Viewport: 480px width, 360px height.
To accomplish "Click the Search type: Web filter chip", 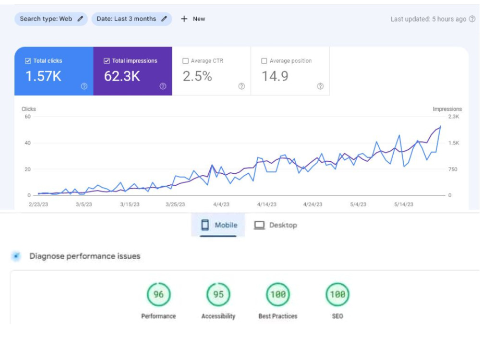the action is [x=51, y=19].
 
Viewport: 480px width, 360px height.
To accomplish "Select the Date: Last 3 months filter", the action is [x=132, y=19].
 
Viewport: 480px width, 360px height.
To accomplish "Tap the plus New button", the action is [x=193, y=19].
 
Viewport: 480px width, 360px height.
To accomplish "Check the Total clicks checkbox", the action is [x=28, y=61].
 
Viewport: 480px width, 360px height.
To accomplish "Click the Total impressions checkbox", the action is [x=107, y=61].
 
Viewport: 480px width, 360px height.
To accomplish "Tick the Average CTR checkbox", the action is [x=185, y=61].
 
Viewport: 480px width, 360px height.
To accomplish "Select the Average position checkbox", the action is [x=264, y=61].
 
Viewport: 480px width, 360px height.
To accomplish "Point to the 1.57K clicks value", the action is [x=44, y=76].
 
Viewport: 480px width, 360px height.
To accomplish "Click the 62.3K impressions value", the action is [x=122, y=76].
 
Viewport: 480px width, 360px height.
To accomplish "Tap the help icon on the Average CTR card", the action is [x=241, y=86].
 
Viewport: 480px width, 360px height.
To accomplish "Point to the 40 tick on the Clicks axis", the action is [x=27, y=143].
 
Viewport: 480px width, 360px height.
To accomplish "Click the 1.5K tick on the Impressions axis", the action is [x=454, y=143].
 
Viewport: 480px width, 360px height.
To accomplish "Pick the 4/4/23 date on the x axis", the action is [x=221, y=204].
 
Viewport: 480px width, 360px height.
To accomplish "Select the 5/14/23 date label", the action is [x=404, y=204].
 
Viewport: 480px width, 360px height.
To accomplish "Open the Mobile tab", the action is [x=218, y=225].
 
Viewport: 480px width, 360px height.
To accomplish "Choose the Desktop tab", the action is [x=276, y=225].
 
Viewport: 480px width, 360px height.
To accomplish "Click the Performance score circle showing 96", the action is [x=158, y=295].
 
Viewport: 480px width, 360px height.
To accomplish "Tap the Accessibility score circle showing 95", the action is [x=218, y=295].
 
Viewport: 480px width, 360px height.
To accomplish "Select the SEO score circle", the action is [x=337, y=295].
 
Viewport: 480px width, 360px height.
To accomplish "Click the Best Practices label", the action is [x=277, y=316].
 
